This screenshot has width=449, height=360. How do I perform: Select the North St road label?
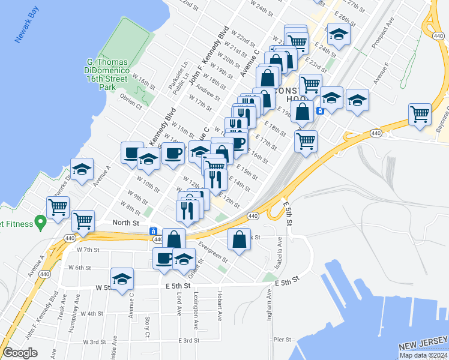pos(126,222)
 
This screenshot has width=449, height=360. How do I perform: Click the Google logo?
pos(20,353)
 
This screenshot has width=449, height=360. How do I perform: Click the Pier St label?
pos(282,340)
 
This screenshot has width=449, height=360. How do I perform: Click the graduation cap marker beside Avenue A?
pos(82,169)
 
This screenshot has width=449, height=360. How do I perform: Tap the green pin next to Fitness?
pos(41,224)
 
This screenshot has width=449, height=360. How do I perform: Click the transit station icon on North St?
pos(154,231)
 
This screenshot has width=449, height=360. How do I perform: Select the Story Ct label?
pos(148,327)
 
